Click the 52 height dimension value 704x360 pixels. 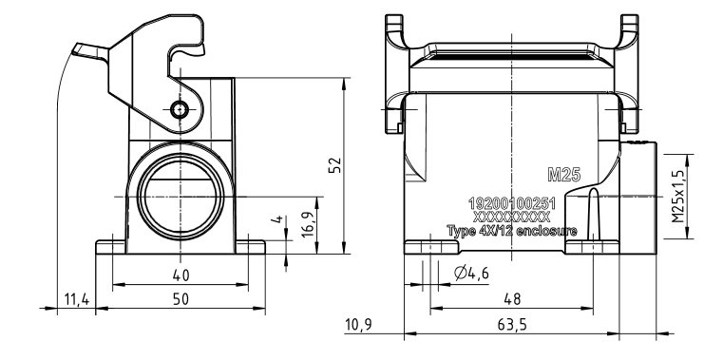pyautogui.click(x=335, y=164)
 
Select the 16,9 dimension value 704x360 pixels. pyautogui.click(x=309, y=224)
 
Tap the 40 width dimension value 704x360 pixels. pyautogui.click(x=181, y=275)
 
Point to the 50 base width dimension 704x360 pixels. pyautogui.click(x=181, y=299)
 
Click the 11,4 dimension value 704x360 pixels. pyautogui.click(x=77, y=299)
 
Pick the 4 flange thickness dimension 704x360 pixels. pyautogui.click(x=278, y=219)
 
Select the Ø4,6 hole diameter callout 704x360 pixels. pyautogui.click(x=471, y=273)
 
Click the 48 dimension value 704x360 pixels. pyautogui.click(x=512, y=299)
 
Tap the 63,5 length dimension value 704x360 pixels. pyautogui.click(x=512, y=324)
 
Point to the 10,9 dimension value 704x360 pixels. pyautogui.click(x=358, y=324)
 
